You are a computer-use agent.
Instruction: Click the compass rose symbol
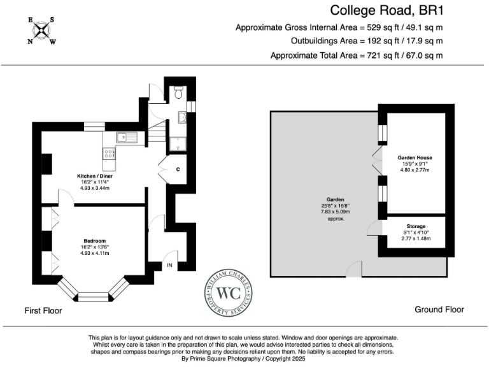(41, 31)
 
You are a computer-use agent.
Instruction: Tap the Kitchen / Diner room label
(90, 175)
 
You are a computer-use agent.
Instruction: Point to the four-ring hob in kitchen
(109, 154)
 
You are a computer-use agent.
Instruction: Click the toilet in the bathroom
(178, 93)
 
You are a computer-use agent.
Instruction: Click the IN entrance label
(170, 264)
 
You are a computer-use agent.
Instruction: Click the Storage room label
(416, 226)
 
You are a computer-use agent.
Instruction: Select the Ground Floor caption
(439, 310)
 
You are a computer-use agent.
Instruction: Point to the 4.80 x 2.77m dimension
(415, 169)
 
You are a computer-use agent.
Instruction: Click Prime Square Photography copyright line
(244, 359)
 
